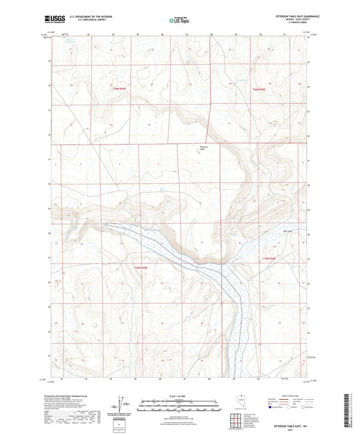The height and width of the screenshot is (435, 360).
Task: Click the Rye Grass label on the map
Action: tap(269, 230)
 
